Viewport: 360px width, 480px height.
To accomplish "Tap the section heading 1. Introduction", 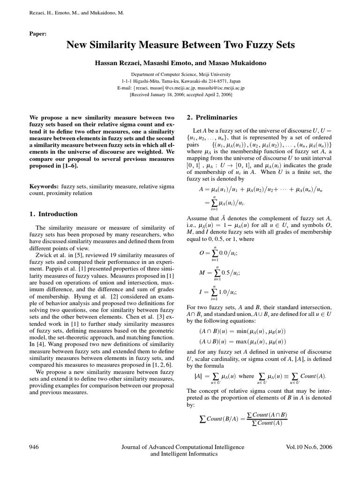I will pos(53,214).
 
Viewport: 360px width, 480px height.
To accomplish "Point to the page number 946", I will pos(34,447).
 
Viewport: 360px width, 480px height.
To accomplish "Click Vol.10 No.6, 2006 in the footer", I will pos(308,447).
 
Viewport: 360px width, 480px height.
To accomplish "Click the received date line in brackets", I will pos(180,94).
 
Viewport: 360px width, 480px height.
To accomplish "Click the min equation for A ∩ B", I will pos(236,331).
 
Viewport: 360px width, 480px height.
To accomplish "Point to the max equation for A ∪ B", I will pos(236,342).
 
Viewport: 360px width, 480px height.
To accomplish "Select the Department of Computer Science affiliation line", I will pos(180,74).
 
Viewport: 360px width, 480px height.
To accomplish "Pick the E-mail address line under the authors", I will pos(180,87).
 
